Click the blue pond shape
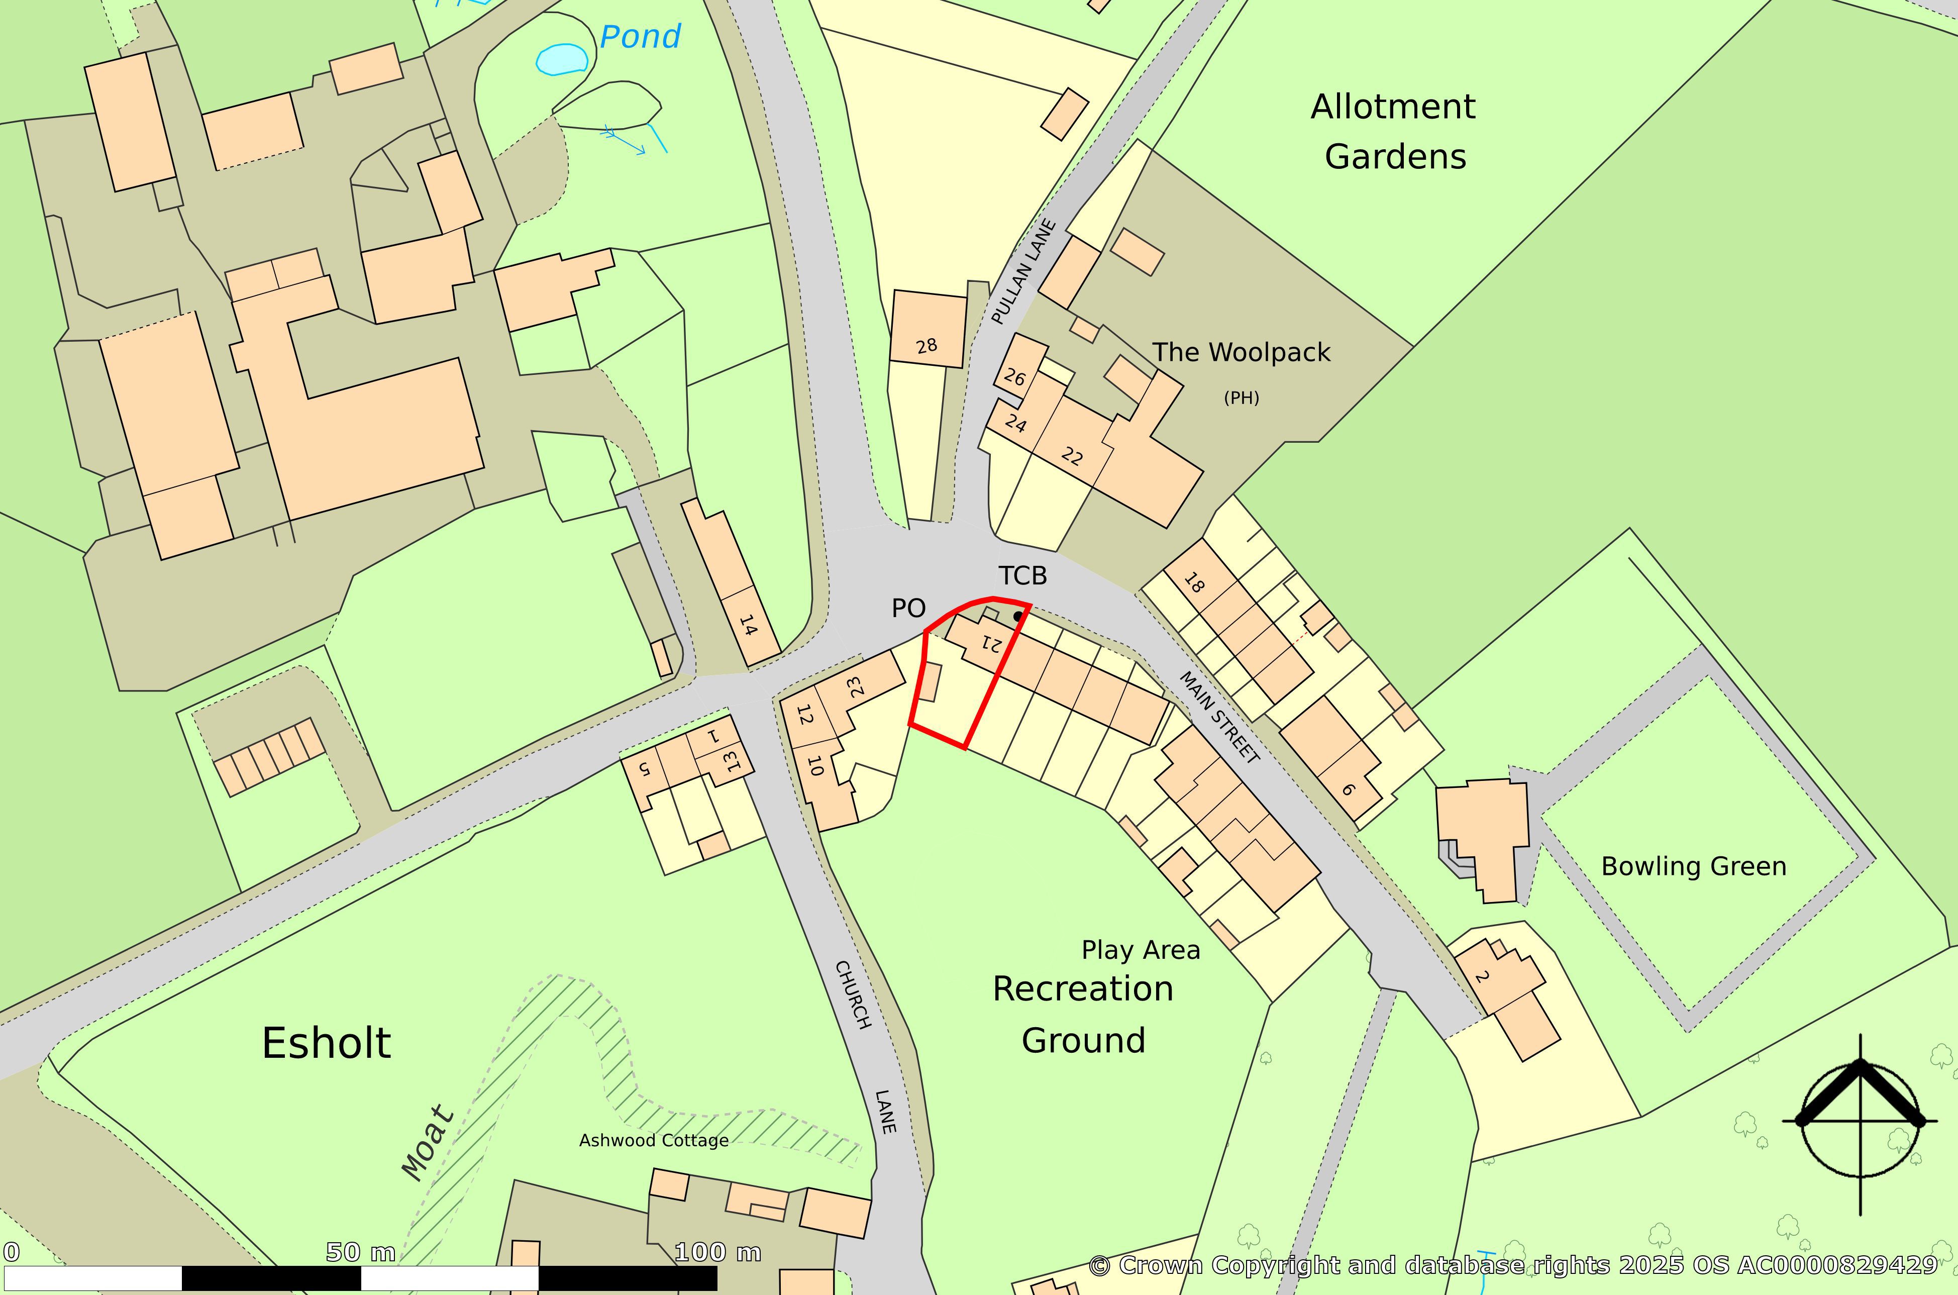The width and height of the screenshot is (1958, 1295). coord(562,59)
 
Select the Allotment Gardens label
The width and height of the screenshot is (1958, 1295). coord(1394,131)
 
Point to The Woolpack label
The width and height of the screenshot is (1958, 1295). coord(1241,353)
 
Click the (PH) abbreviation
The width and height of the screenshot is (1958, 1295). coord(1241,398)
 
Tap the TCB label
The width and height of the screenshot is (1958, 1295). coord(1022,576)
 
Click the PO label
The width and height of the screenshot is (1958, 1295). coord(908,609)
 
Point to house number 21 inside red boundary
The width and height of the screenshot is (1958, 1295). coord(991,643)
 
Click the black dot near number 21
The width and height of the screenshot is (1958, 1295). coord(1017,616)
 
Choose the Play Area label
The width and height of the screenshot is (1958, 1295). coord(1141,951)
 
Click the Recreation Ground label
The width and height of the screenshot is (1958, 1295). coord(1083,1014)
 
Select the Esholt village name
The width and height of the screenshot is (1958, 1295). coord(326,1043)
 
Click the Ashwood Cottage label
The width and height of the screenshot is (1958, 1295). coord(653,1141)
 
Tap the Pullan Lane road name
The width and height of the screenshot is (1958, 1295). coord(1023,272)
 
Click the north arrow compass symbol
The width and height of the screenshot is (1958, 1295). coord(1861,1121)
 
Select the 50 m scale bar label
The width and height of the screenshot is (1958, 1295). coord(361,1253)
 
